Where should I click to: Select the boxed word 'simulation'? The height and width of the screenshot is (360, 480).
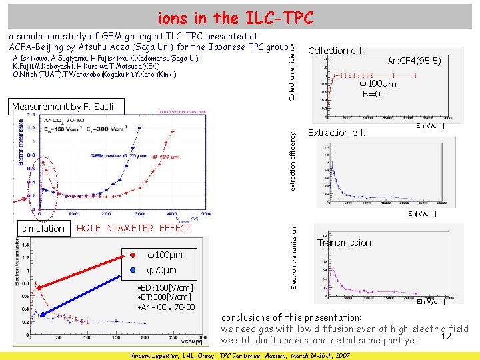click(43, 229)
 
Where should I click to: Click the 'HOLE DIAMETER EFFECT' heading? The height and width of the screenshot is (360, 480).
click(135, 228)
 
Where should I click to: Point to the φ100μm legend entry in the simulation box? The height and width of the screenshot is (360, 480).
click(164, 255)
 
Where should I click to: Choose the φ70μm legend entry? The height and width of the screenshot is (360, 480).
click(161, 270)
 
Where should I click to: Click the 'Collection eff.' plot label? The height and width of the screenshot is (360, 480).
click(336, 51)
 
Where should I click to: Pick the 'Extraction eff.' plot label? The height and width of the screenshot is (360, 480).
click(337, 133)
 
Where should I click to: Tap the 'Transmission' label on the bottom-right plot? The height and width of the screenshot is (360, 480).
click(345, 243)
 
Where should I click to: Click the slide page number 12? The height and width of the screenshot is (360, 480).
click(447, 337)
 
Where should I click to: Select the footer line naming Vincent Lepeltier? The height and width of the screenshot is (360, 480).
click(239, 355)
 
